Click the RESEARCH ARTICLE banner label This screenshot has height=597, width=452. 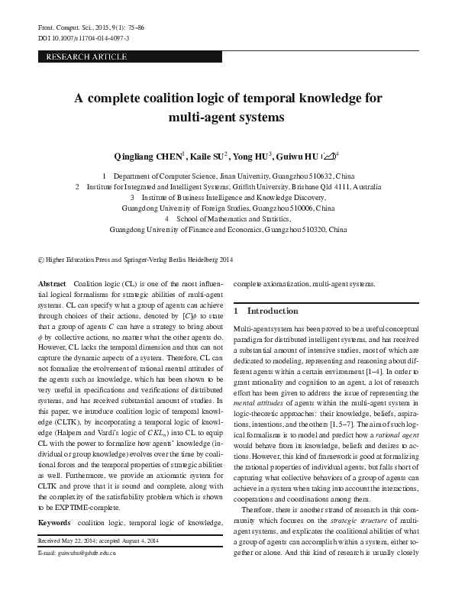click(x=86, y=57)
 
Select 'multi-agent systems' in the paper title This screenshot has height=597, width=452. click(x=225, y=118)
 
